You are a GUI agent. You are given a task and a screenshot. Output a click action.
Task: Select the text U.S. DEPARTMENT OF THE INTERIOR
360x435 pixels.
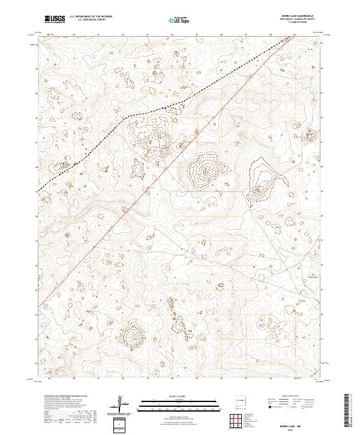(91, 17)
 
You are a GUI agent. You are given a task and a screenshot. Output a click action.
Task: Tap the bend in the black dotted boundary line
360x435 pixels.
(126, 118)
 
